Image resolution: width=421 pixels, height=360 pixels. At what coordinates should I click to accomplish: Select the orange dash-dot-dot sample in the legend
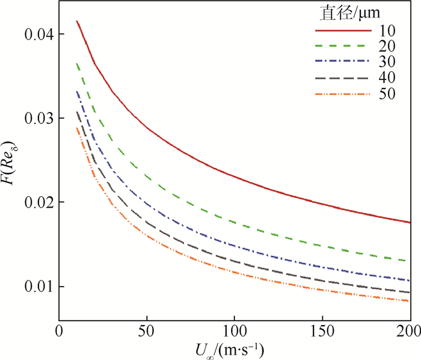pos(340,94)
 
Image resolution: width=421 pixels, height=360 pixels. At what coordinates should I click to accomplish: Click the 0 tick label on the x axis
pos(59,332)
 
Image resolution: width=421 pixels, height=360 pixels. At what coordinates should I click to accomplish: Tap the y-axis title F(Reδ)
pos(11,161)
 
